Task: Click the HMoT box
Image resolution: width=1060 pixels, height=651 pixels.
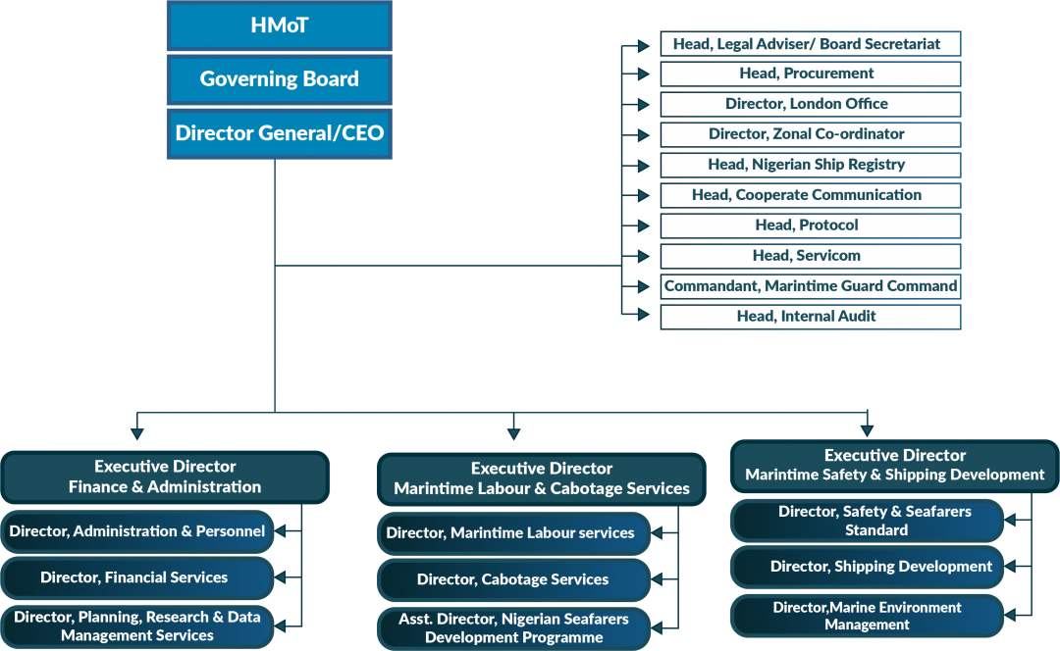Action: [x=279, y=25]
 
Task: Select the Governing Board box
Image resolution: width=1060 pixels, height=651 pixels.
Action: [x=279, y=79]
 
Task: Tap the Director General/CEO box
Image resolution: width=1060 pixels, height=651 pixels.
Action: [x=279, y=133]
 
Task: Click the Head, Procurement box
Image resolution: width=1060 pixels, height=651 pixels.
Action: [x=810, y=74]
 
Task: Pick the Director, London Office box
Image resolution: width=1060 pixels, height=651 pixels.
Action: [x=810, y=104]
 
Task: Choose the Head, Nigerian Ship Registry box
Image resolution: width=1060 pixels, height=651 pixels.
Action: [x=810, y=165]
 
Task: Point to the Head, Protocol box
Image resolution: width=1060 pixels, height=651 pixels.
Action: [x=810, y=225]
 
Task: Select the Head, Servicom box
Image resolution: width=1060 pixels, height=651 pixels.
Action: [x=810, y=256]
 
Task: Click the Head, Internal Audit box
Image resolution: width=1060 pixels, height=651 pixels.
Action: [x=810, y=317]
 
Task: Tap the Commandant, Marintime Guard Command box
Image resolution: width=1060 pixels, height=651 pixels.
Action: [x=810, y=286]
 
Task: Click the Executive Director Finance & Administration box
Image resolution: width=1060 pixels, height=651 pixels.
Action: [x=165, y=476]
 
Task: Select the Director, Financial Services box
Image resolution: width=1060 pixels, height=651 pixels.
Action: [x=136, y=577]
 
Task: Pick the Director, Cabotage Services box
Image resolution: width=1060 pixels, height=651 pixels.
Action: [x=513, y=579]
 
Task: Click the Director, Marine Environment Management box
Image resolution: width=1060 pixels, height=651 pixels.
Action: [x=867, y=616]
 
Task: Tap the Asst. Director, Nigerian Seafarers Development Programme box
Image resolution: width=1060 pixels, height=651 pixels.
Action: [x=513, y=628]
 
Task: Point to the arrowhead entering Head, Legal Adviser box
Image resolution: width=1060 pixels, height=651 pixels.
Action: [x=643, y=44]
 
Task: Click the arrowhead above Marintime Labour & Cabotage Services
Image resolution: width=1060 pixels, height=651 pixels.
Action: [x=513, y=432]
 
